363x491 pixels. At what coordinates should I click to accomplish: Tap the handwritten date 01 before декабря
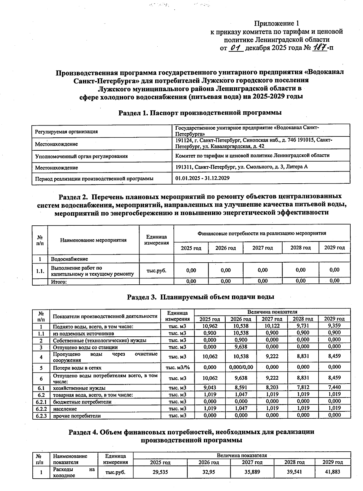[x=236, y=47]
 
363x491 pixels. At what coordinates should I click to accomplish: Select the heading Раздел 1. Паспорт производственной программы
[x=200, y=113]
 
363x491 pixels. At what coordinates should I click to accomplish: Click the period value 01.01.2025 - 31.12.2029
[x=202, y=178]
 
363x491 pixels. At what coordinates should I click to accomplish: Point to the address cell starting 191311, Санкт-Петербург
[x=241, y=167]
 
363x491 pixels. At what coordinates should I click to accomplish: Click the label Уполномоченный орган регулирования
[x=81, y=156]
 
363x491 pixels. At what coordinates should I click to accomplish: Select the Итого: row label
[x=59, y=281]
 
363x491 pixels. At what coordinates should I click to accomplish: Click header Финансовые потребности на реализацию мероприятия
[x=262, y=233]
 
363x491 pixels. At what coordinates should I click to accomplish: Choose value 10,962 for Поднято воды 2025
[x=210, y=326]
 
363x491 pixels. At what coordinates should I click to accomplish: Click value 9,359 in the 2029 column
[x=334, y=326]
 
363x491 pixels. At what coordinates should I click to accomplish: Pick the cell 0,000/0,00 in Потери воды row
[x=241, y=367]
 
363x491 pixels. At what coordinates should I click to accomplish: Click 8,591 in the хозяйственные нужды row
[x=241, y=388]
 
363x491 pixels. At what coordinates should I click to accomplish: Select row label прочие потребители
[x=77, y=416]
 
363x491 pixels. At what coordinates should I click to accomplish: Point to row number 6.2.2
[x=41, y=409]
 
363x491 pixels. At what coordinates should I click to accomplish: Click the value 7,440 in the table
[x=334, y=388]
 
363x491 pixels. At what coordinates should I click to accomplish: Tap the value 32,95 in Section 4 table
[x=208, y=472]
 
